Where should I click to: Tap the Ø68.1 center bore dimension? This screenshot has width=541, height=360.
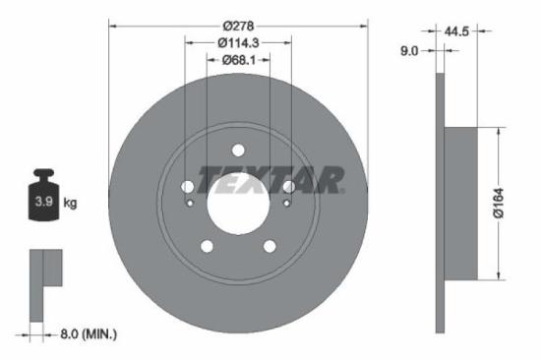(237, 60)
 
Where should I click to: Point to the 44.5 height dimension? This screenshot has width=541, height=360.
(455, 31)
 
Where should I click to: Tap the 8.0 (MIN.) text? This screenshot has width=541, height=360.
(85, 334)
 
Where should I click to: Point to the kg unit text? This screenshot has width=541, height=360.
(70, 204)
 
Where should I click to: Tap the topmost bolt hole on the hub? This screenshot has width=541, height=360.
(237, 150)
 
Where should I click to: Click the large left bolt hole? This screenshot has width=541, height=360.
(188, 187)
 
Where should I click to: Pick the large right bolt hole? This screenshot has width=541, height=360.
(287, 187)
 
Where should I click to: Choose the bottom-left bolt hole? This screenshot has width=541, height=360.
(207, 247)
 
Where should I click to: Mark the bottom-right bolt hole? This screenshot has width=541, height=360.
(269, 247)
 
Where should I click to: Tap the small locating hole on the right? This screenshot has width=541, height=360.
(286, 204)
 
